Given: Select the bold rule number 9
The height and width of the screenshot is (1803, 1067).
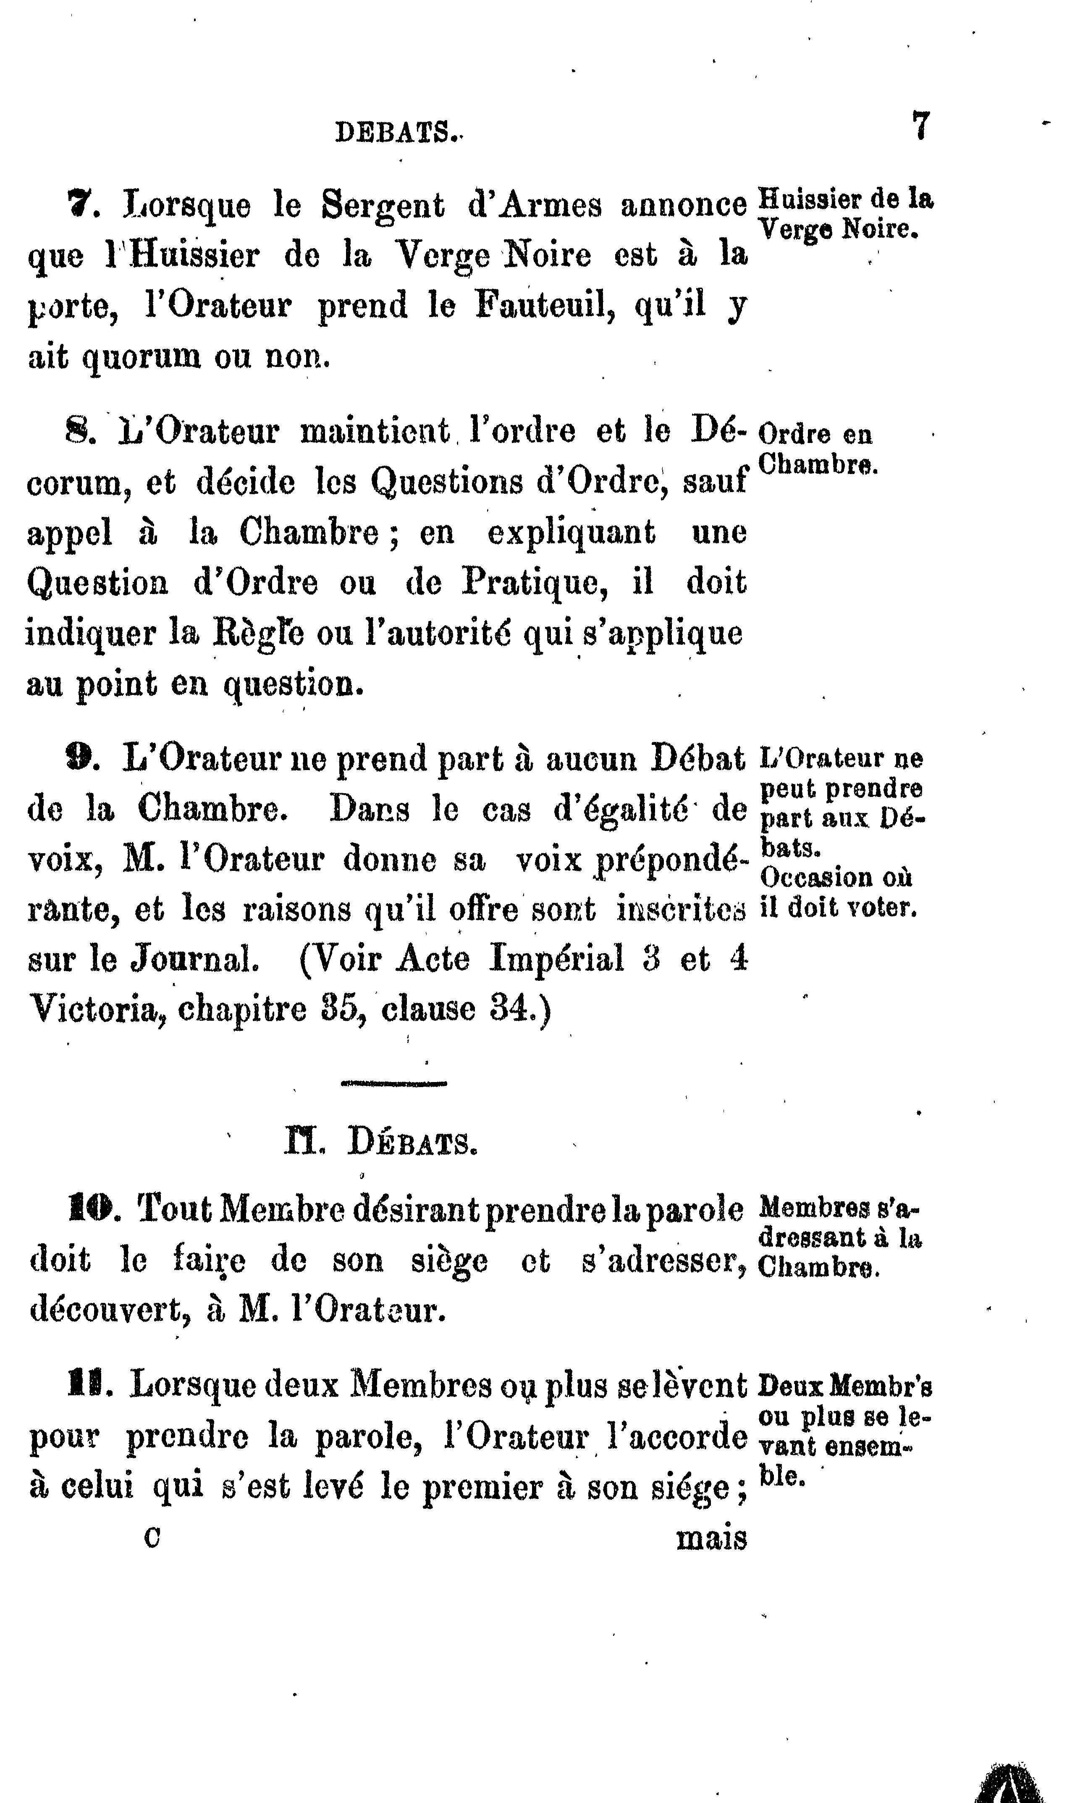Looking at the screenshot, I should click(76, 760).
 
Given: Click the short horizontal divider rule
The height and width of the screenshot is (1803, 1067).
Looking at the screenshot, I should click(394, 1082).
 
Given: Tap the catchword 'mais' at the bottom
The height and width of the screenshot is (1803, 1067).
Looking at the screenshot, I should click(711, 1538).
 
